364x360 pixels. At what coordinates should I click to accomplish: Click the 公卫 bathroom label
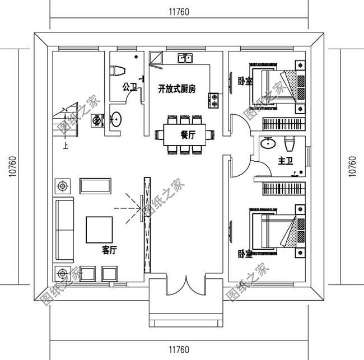[x=130, y=87]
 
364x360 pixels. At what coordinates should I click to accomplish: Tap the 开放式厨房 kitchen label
[x=176, y=88]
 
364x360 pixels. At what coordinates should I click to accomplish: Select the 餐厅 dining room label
[x=188, y=135]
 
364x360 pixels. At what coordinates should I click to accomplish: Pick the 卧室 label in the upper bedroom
[x=244, y=81]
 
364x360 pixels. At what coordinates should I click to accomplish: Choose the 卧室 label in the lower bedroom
[x=244, y=254]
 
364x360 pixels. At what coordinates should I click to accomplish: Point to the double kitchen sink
[x=185, y=58]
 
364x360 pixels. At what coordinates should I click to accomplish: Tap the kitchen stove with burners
[x=214, y=100]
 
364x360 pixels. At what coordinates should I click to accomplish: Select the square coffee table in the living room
[x=99, y=229]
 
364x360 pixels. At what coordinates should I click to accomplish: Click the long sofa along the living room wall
[x=64, y=230]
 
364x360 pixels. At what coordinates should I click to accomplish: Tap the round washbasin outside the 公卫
[x=116, y=119]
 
